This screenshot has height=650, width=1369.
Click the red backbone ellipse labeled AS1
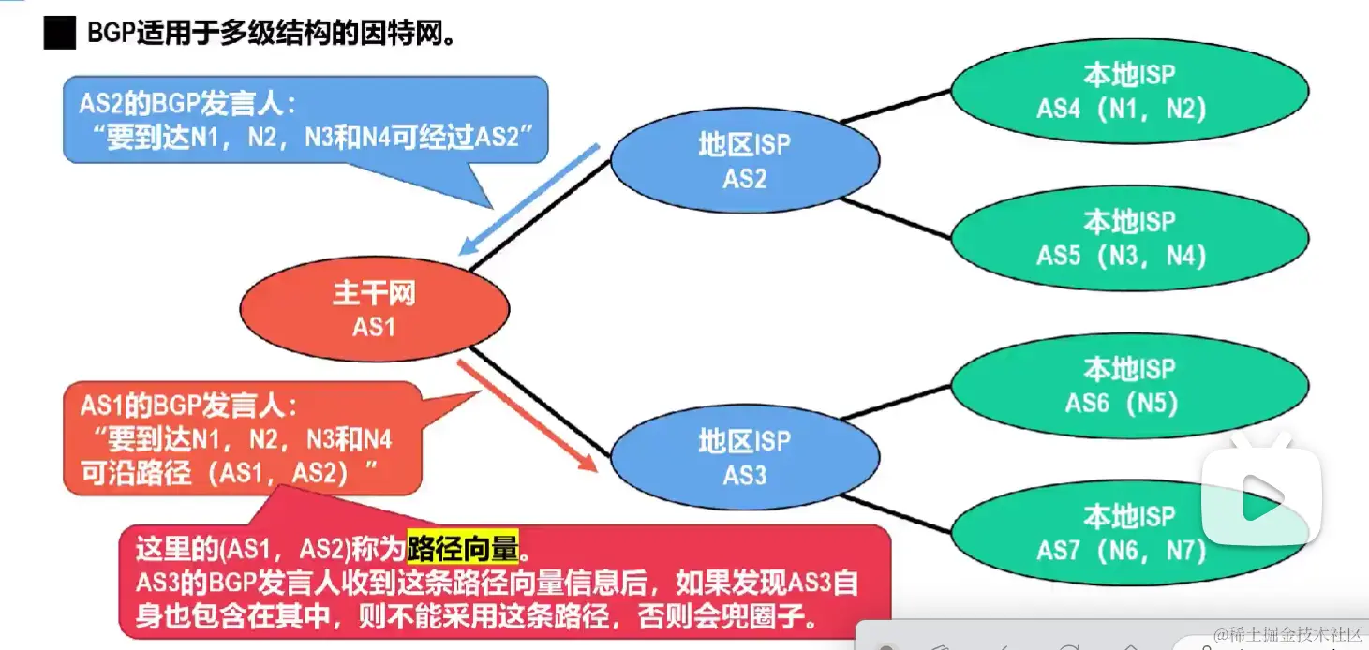point(374,309)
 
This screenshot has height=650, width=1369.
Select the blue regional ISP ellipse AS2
point(745,160)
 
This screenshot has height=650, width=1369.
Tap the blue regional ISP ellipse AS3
point(745,457)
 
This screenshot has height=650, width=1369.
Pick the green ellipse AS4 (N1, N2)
point(1128,91)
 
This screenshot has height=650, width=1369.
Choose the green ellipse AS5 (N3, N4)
point(1128,238)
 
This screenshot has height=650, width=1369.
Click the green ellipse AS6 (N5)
point(1128,385)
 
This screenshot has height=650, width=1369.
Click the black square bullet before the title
point(59,35)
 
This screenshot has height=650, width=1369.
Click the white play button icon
point(1255,496)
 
